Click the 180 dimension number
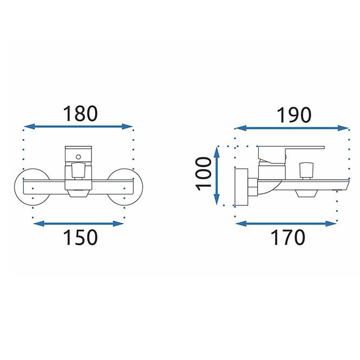pyautogui.click(x=80, y=114)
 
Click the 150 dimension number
pyautogui.click(x=80, y=237)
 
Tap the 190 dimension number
pyautogui.click(x=294, y=115)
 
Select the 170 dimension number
pyautogui.click(x=288, y=237)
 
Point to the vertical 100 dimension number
pyautogui.click(x=203, y=174)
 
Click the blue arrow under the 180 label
pyautogui.click(x=78, y=126)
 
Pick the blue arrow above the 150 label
pyautogui.click(x=78, y=224)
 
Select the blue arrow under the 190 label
pyautogui.click(x=292, y=128)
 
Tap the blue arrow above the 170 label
pyautogui.click(x=286, y=224)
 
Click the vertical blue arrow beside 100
pyautogui.click(x=217, y=176)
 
